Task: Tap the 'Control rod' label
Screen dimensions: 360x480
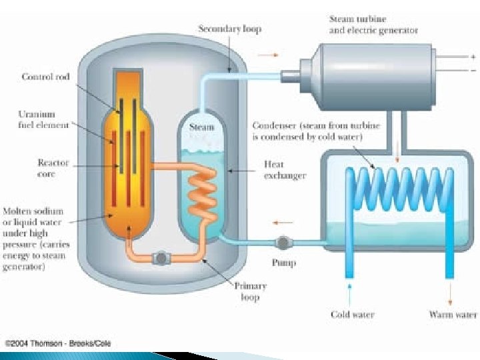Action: (x=45, y=77)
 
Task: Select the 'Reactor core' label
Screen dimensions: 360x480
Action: (x=38, y=167)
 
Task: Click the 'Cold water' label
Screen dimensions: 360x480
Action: (x=353, y=315)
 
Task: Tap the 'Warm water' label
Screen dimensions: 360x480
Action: (x=453, y=315)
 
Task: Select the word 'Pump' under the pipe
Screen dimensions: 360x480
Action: (x=284, y=263)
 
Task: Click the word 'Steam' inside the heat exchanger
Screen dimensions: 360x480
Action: (x=201, y=127)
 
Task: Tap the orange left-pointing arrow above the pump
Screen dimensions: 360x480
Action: (x=283, y=222)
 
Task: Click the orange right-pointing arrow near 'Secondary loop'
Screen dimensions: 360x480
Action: (x=273, y=53)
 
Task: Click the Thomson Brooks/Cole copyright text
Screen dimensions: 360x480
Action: (x=59, y=343)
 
